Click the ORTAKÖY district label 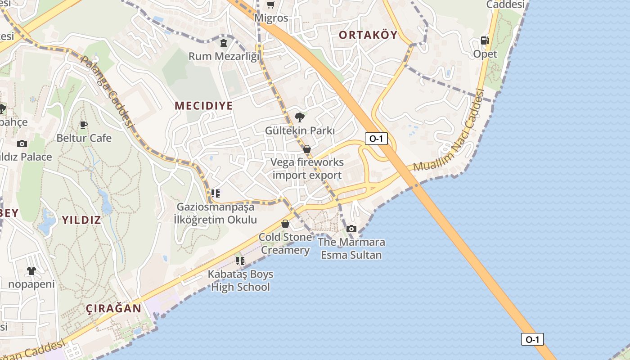point(368,35)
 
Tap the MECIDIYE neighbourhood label point(204,106)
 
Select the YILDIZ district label point(81,220)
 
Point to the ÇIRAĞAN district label point(113,309)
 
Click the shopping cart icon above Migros point(270,5)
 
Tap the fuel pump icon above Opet point(485,40)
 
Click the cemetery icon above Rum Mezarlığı point(224,43)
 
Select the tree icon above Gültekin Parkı point(299,117)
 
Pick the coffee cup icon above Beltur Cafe point(83,125)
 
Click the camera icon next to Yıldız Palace point(22,144)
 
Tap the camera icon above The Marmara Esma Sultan point(351,229)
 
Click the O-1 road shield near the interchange point(376,139)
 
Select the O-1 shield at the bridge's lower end point(532,339)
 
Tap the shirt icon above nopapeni point(31,271)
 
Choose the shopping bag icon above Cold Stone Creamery point(285,224)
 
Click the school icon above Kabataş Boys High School point(240,261)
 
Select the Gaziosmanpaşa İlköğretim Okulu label point(215,213)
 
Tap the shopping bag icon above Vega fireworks point(307,149)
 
